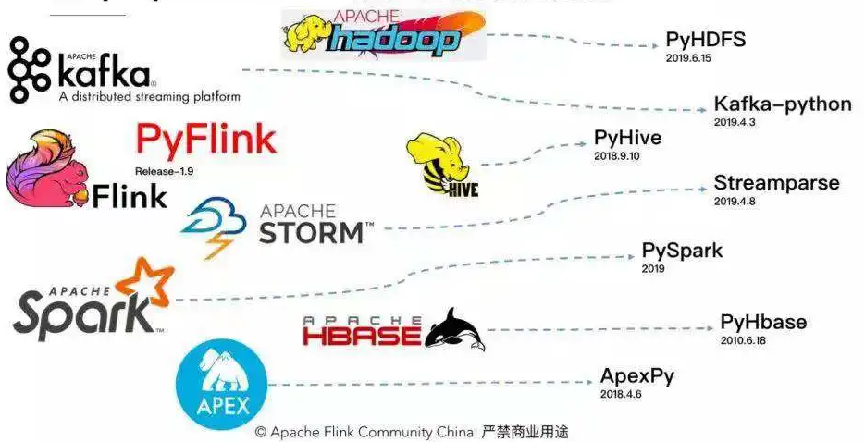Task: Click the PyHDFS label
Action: coord(705,41)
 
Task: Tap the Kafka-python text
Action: coord(782,104)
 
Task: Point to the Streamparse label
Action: coord(776,182)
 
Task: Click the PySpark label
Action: coord(682,251)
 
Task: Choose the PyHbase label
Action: coord(763,323)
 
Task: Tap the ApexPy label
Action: coord(637,376)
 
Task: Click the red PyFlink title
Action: coord(205,140)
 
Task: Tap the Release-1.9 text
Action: coord(164,172)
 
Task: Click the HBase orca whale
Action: coord(455,329)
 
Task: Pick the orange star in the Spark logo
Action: coord(149,283)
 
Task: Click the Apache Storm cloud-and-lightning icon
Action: coord(214,227)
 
